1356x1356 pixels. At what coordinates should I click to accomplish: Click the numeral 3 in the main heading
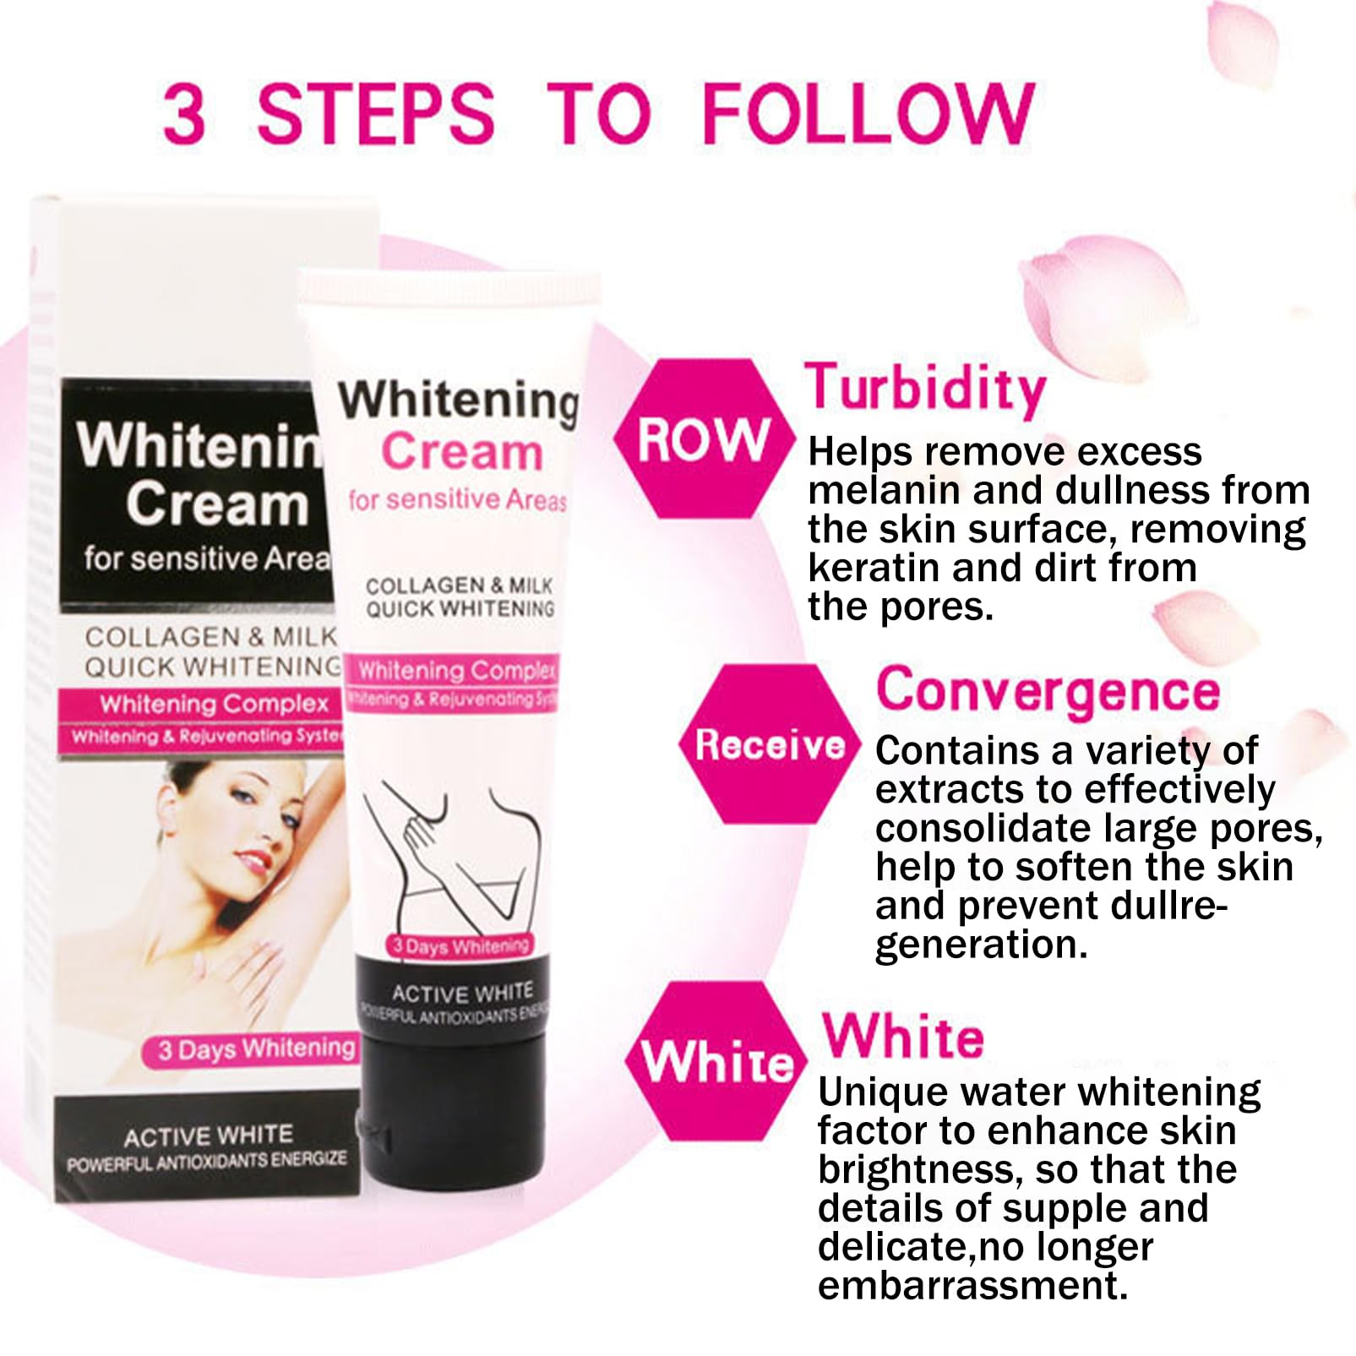pyautogui.click(x=184, y=114)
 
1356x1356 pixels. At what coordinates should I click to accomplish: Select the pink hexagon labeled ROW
pyautogui.click(x=704, y=438)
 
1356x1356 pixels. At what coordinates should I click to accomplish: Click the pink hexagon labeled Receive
pyautogui.click(x=770, y=744)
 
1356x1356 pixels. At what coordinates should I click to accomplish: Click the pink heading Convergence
pyautogui.click(x=1048, y=692)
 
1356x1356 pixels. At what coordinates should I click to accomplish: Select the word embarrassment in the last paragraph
pyautogui.click(x=972, y=1285)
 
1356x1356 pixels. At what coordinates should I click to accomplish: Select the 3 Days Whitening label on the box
pyautogui.click(x=256, y=1050)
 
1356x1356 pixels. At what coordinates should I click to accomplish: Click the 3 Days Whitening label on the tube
pyautogui.click(x=460, y=945)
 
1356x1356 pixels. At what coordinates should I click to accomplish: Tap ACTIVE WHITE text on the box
pyautogui.click(x=209, y=1135)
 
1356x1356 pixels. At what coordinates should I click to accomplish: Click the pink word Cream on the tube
pyautogui.click(x=461, y=451)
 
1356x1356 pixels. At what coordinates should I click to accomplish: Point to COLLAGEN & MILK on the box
pyautogui.click(x=211, y=636)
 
